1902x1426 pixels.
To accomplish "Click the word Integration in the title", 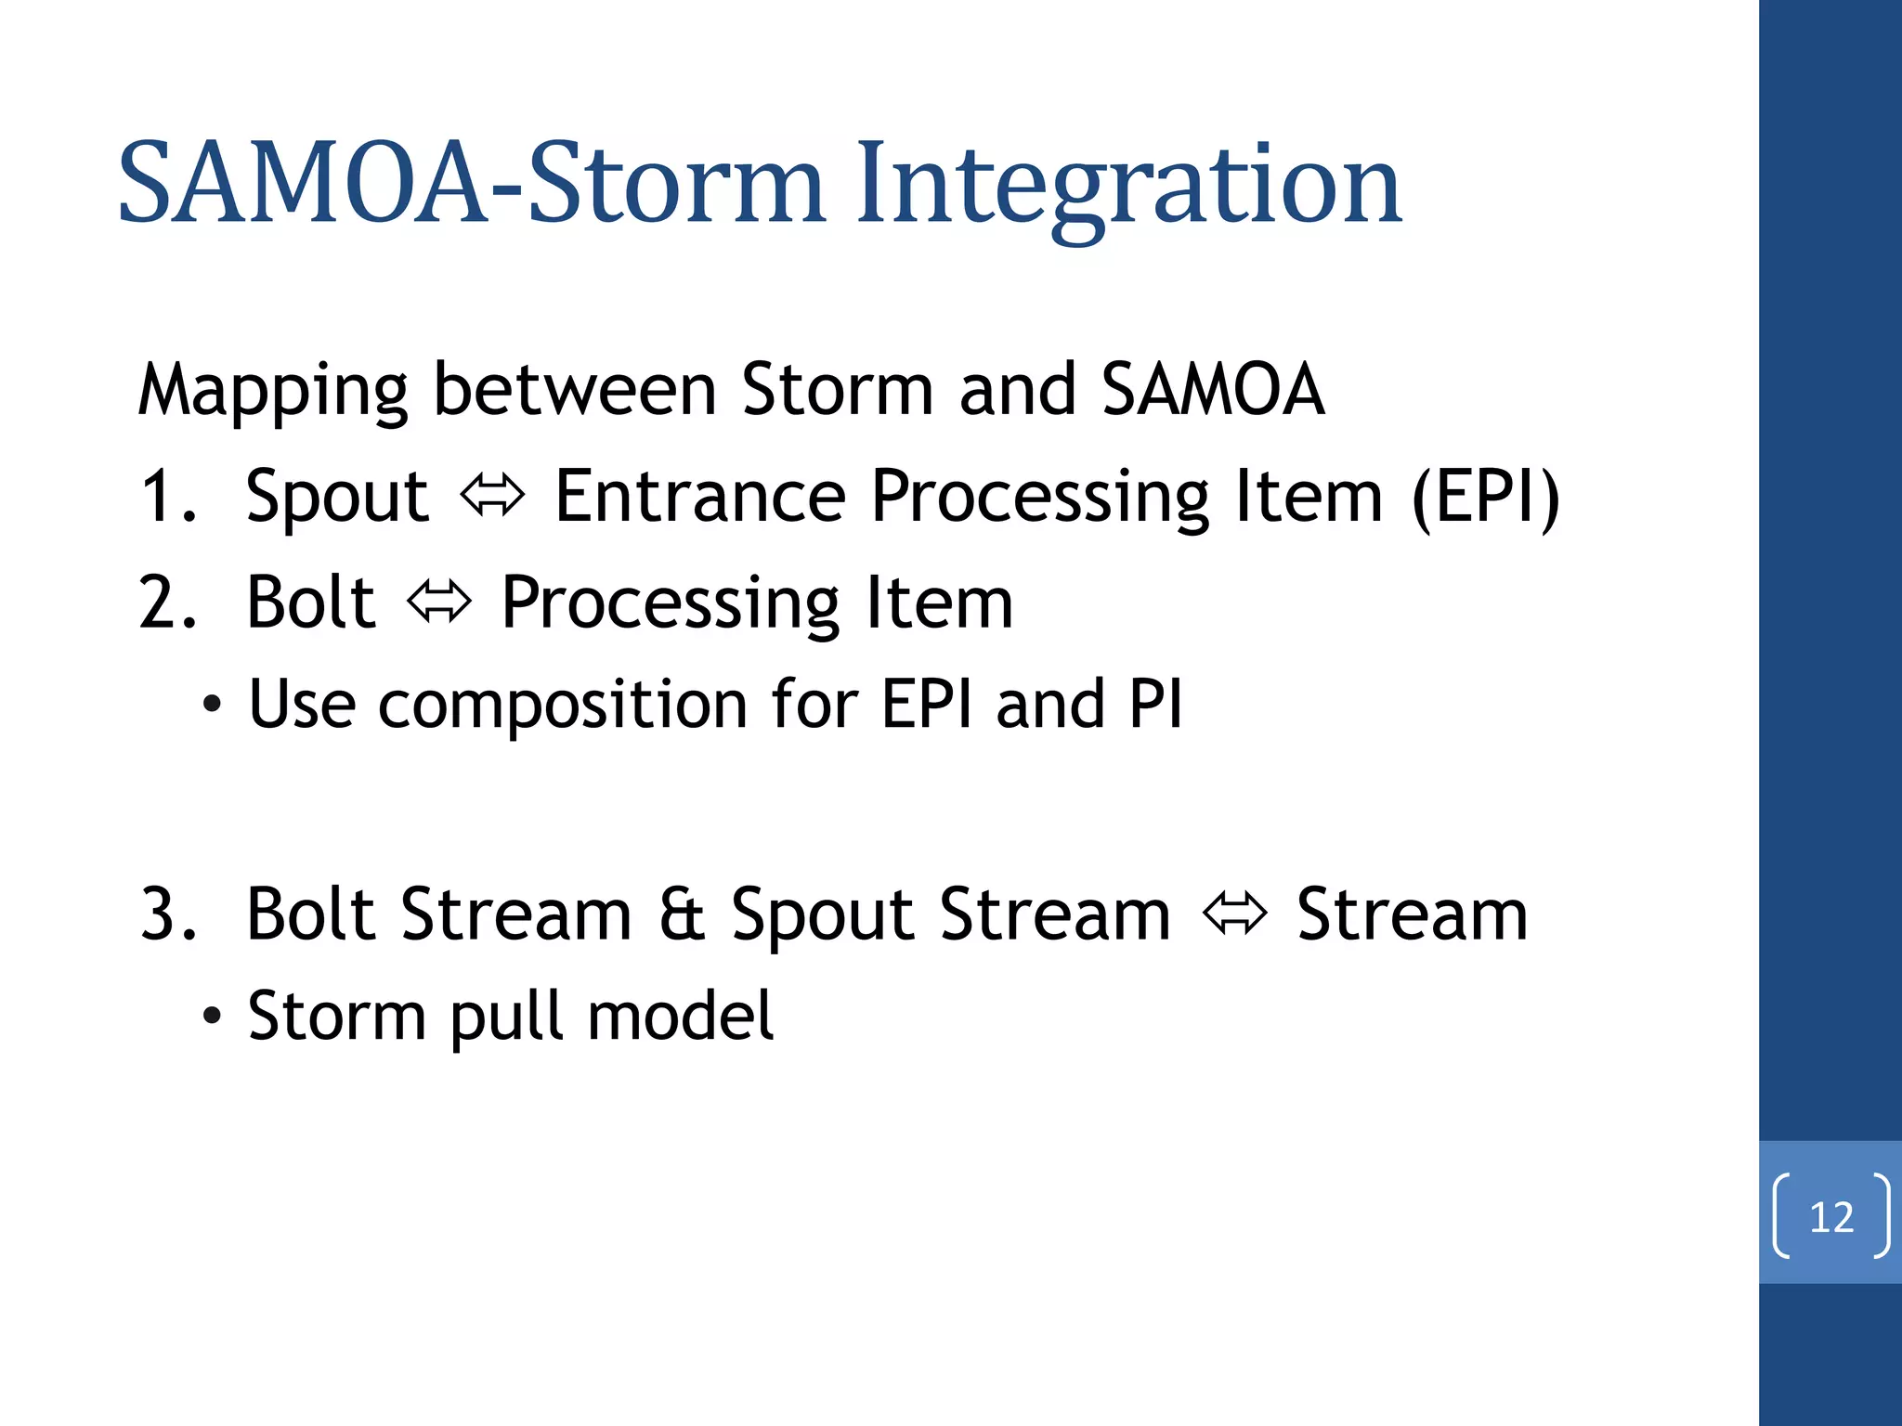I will click(x=1127, y=186).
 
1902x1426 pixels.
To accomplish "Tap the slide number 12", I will click(x=1830, y=1217).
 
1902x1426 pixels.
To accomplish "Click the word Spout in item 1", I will click(x=337, y=498).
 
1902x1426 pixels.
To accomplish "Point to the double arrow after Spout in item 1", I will click(x=492, y=496).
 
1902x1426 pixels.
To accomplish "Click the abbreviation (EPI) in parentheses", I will click(x=1485, y=498).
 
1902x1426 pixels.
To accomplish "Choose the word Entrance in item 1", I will click(x=699, y=498).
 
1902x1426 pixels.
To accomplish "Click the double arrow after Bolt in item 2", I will click(x=439, y=603).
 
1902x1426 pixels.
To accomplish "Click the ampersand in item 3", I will click(x=682, y=915).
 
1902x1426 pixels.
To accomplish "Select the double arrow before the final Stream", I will click(x=1233, y=914).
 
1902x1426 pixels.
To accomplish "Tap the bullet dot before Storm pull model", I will click(x=213, y=1017).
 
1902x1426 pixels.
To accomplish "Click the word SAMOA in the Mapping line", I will click(x=1212, y=389).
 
